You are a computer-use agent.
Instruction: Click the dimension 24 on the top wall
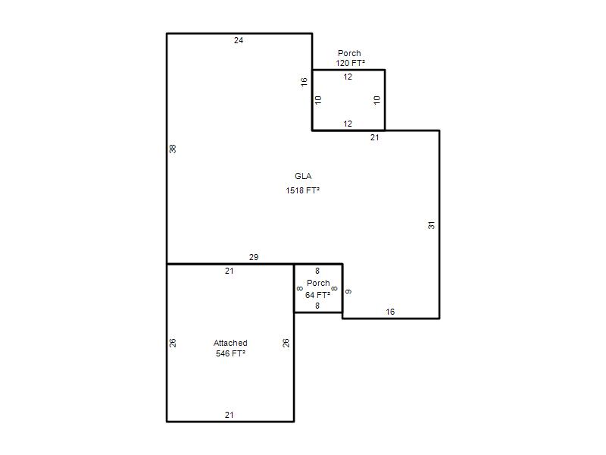coord(239,40)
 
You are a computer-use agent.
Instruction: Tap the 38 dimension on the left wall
coord(173,149)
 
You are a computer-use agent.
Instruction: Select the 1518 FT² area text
coord(302,190)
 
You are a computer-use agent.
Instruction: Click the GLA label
coord(303,176)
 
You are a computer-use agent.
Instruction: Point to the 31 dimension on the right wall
coord(431,225)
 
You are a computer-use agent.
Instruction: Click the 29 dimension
coord(254,257)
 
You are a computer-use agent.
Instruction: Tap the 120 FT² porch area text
coord(350,63)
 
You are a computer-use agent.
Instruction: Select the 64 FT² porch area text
coord(317,295)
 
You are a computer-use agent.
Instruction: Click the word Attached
coord(230,343)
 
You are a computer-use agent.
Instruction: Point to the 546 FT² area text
coord(231,353)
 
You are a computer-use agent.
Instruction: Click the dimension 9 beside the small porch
coord(348,291)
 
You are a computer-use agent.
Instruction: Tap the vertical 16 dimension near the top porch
coord(305,82)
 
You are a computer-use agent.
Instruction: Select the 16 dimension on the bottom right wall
coord(390,312)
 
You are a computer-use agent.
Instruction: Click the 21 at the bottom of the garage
coord(230,415)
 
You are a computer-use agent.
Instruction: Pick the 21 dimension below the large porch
coord(375,137)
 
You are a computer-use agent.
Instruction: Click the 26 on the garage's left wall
coord(173,343)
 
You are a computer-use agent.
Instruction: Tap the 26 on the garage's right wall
coord(286,343)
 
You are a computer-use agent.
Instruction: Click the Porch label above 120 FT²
coord(349,53)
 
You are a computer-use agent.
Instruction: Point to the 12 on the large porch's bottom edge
coord(348,124)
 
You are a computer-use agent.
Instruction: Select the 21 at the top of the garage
coord(230,271)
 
